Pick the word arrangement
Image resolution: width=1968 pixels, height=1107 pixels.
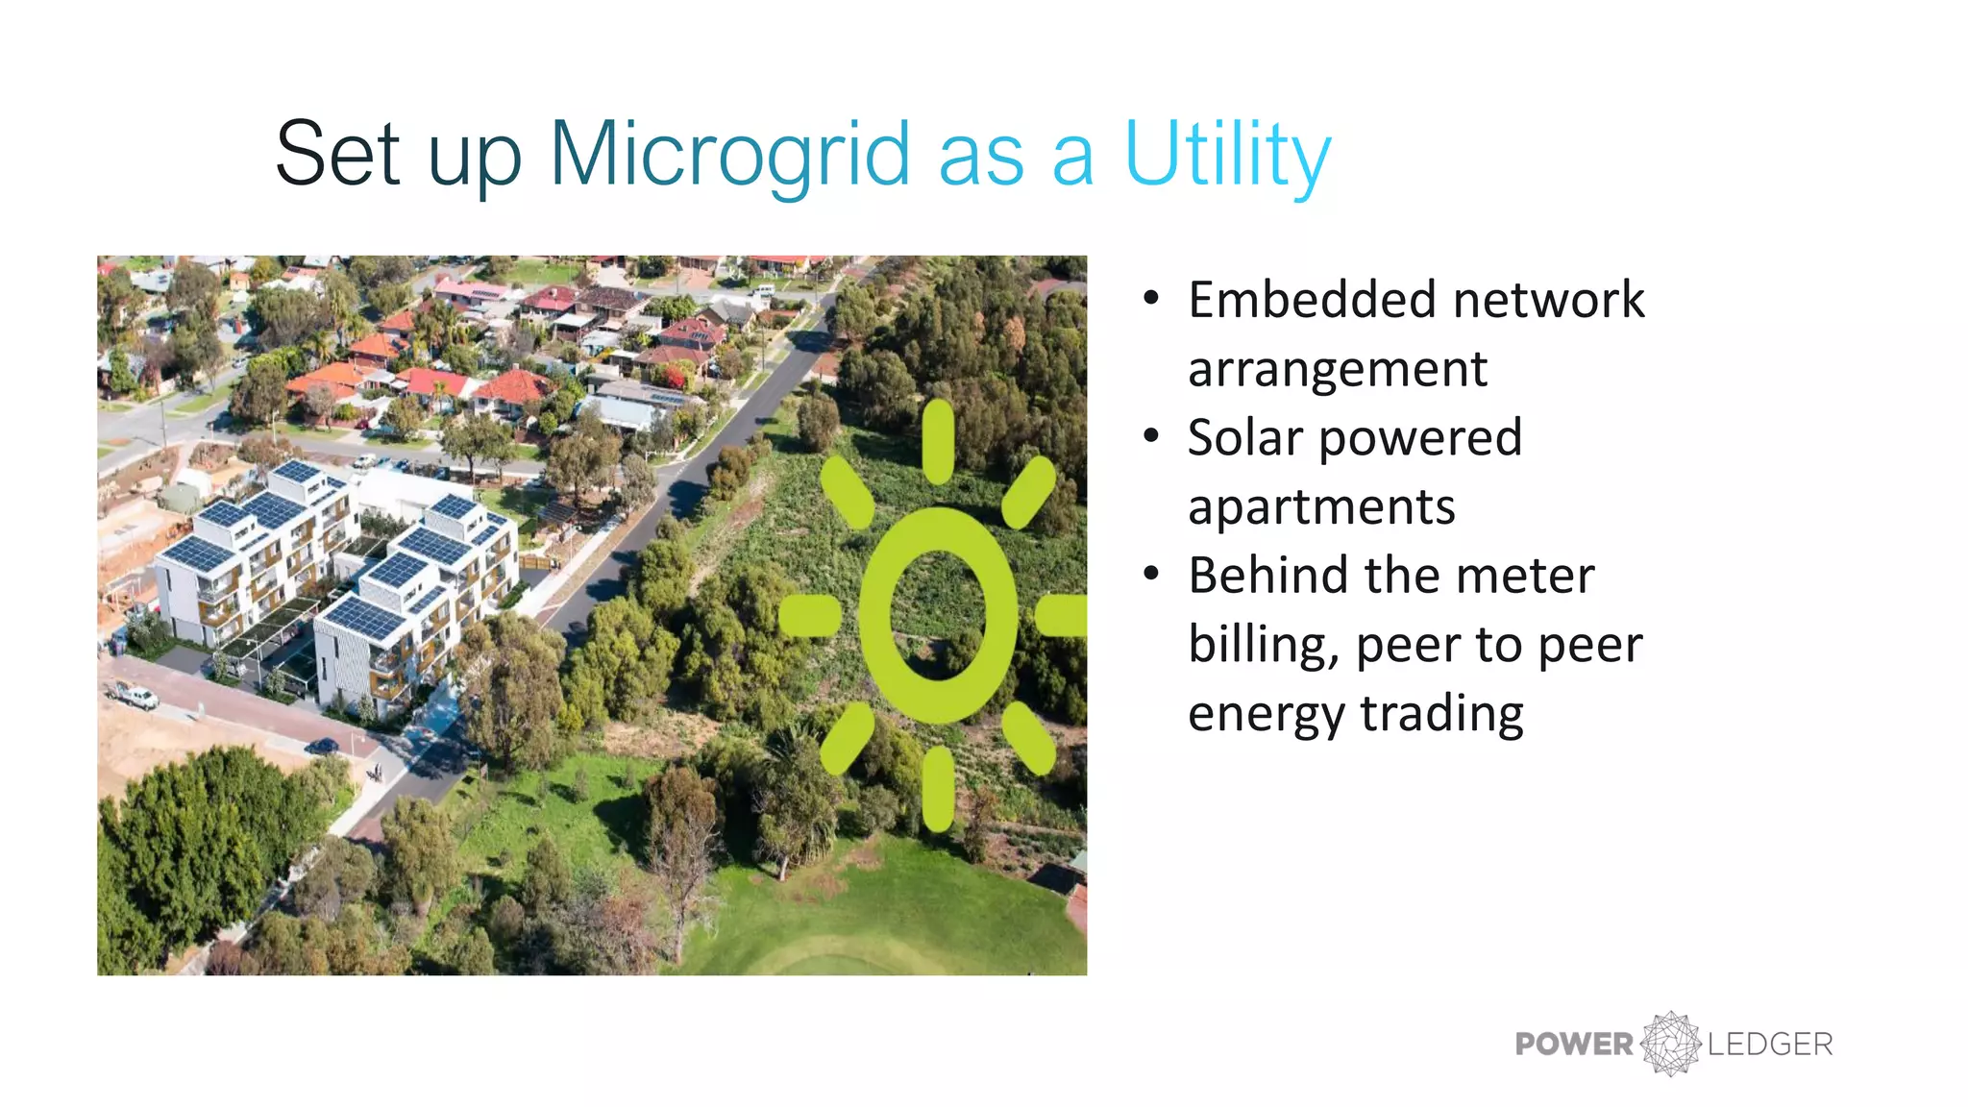tap(1338, 370)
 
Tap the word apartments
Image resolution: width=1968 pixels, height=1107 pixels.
tap(1321, 507)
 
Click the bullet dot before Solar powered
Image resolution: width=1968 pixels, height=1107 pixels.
tap(1151, 437)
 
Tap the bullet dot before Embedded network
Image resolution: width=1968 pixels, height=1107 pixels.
tap(1151, 299)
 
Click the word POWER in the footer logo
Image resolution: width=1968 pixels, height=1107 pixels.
tap(1574, 1045)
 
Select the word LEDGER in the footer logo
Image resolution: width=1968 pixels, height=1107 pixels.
tap(1770, 1045)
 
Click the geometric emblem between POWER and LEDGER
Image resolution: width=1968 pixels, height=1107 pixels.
tap(1671, 1044)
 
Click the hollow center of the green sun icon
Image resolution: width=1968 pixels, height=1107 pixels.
tap(937, 615)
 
